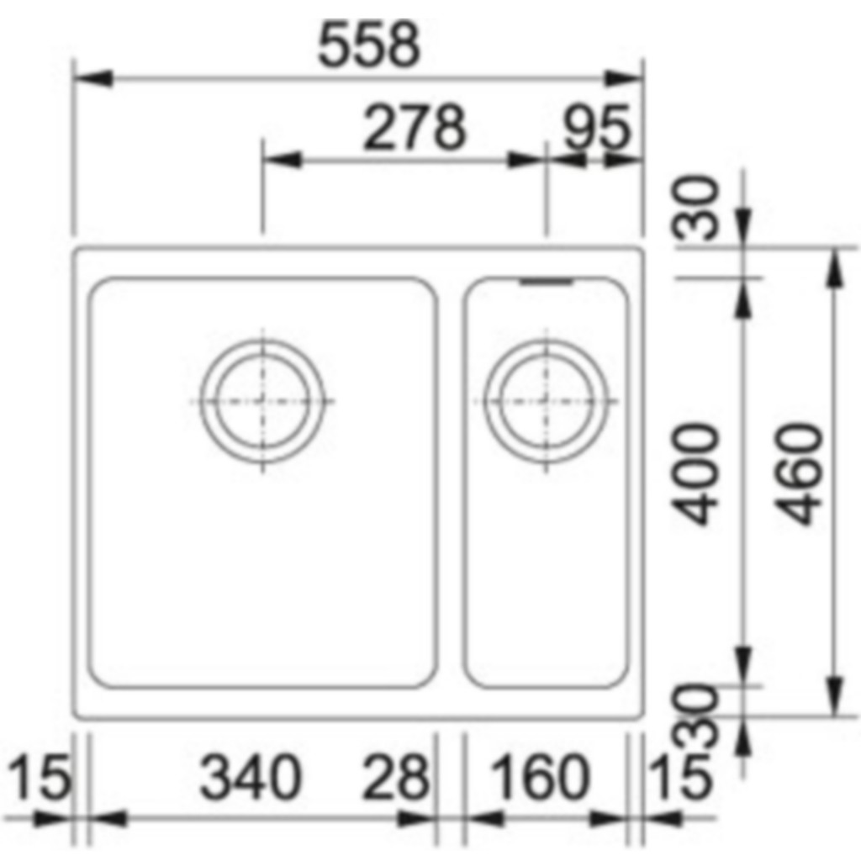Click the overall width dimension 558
point(369,45)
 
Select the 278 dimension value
point(415,128)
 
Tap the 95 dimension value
point(598,128)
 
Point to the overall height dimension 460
point(801,474)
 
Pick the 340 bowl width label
point(251,778)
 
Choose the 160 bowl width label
point(539,778)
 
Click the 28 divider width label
point(395,778)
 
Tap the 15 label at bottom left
point(40,778)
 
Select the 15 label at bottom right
point(679,778)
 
